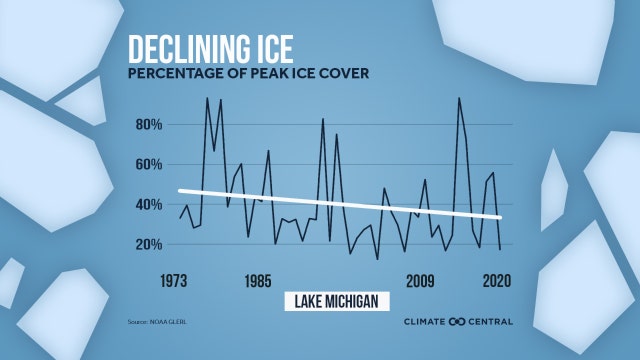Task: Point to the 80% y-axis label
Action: (x=150, y=125)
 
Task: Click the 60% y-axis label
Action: (x=150, y=164)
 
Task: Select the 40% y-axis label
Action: (x=150, y=204)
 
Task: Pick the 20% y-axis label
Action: (x=150, y=244)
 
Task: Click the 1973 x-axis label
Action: (x=179, y=281)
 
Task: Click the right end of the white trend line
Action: (x=500, y=217)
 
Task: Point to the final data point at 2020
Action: (x=500, y=248)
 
